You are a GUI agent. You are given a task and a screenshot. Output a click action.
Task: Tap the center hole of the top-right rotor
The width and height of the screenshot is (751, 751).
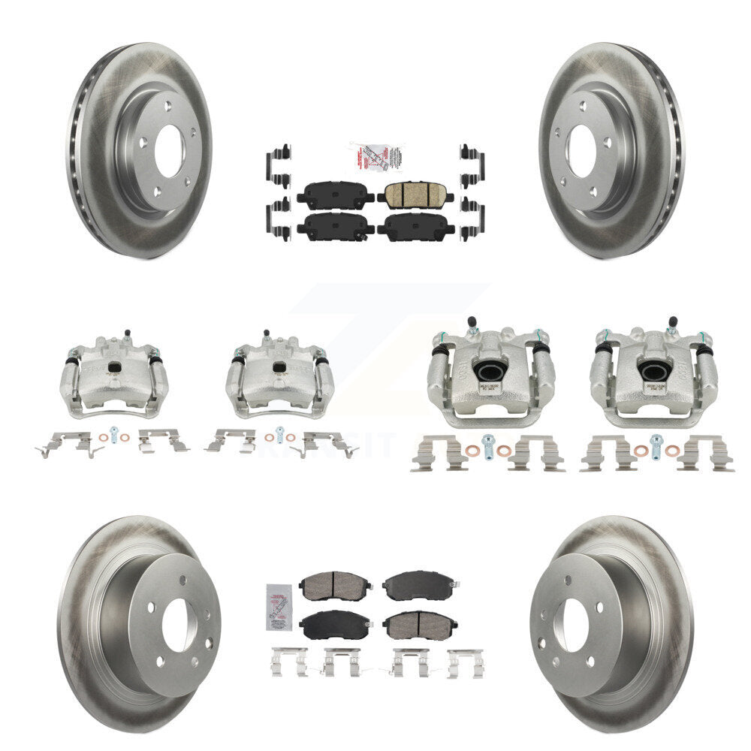582,151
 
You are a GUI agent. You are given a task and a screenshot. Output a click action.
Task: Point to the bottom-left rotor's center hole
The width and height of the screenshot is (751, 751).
179,626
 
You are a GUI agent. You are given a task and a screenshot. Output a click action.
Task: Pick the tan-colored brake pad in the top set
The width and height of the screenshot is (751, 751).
415,195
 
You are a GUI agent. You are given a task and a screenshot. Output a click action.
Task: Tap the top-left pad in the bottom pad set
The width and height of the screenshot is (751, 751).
335,585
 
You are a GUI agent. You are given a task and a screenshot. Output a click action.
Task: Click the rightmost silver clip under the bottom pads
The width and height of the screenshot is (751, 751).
465,662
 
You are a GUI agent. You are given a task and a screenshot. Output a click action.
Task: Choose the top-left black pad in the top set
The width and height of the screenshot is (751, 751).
335,196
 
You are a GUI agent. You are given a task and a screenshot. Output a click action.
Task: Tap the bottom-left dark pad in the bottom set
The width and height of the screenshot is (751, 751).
335,623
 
